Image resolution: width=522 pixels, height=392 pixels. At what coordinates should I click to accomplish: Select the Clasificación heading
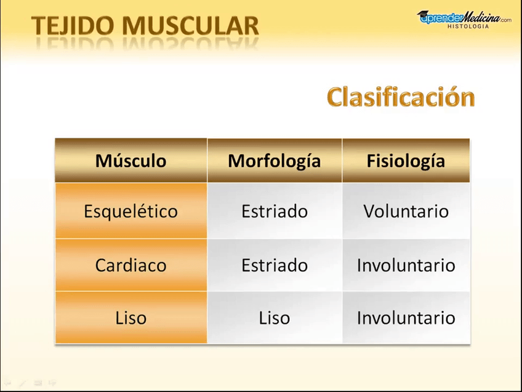pos(401,97)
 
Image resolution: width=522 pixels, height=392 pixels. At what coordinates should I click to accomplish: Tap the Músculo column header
pos(130,161)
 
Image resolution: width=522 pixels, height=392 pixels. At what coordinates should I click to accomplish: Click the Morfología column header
pos(274,161)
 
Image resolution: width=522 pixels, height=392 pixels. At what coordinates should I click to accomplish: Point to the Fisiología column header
pos(406,161)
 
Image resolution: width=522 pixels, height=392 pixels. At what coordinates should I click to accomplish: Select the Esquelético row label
pos(130,211)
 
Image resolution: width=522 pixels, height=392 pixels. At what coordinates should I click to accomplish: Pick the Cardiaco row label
pos(130,265)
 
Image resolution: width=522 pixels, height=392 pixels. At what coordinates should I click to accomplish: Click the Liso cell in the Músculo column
pos(130,318)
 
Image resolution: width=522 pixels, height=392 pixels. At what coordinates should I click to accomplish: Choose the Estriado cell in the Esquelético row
pos(274,211)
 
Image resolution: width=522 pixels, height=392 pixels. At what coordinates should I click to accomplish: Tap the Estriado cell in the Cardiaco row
pos(274,265)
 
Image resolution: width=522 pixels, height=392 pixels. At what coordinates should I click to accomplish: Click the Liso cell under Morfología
pos(274,318)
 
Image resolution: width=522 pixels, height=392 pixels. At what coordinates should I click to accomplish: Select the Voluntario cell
pos(406,211)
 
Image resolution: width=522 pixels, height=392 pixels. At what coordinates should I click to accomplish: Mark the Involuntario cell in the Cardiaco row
pos(406,265)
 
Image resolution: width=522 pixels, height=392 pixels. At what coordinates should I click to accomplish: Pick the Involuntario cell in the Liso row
pos(406,318)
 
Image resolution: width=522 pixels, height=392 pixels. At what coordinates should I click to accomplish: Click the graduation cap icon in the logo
pos(424,15)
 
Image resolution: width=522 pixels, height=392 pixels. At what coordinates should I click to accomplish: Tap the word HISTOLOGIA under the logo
pos(468,27)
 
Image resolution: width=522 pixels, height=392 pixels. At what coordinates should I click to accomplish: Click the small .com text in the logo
pos(505,20)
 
